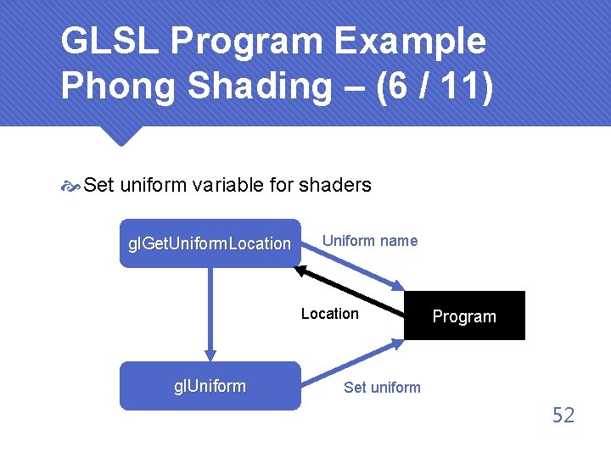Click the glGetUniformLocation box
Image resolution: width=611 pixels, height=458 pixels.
click(210, 243)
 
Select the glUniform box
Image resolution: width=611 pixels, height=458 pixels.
click(210, 386)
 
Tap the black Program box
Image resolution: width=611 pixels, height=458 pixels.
click(464, 316)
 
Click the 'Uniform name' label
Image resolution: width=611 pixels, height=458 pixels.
click(370, 241)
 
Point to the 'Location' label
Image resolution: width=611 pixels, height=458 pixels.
click(329, 314)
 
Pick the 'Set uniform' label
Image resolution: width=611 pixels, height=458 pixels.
click(382, 388)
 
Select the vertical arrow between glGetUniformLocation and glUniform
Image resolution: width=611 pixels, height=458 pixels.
click(210, 314)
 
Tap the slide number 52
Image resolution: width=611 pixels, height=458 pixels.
click(563, 415)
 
